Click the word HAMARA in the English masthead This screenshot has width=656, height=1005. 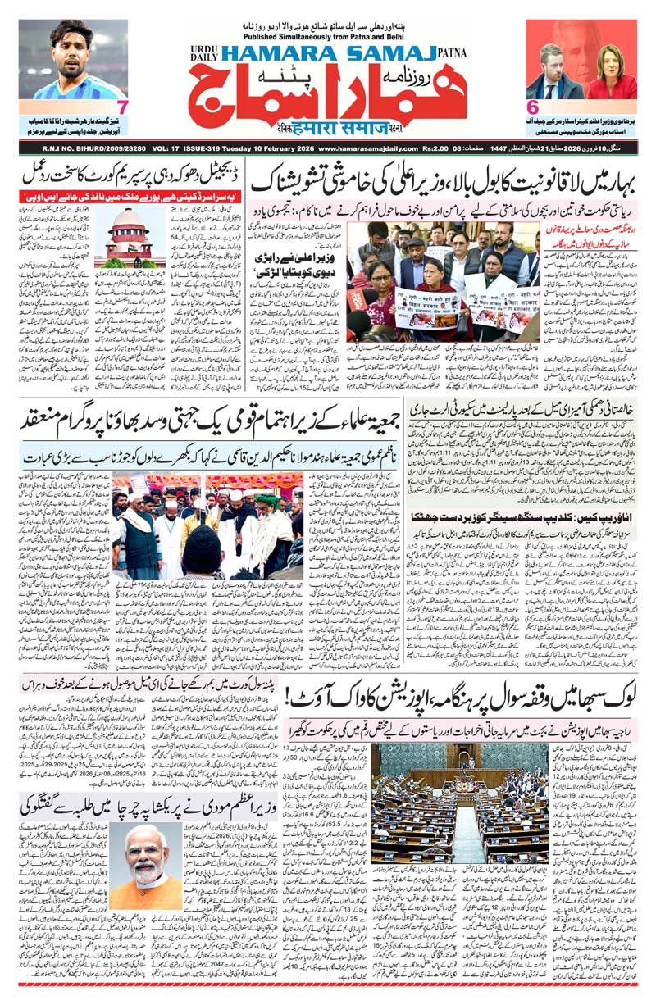click(x=262, y=52)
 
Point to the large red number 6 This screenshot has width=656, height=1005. click(x=531, y=107)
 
